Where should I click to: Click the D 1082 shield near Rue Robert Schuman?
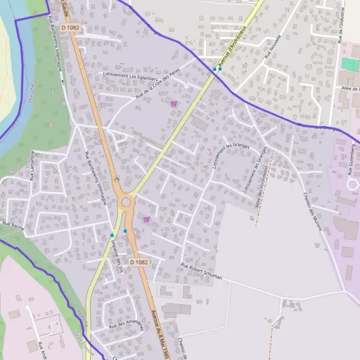(139, 262)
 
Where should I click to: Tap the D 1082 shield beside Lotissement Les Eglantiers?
(70, 28)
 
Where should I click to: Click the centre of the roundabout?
(126, 202)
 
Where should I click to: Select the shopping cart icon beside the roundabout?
(146, 220)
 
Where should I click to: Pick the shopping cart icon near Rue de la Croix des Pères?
(174, 103)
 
